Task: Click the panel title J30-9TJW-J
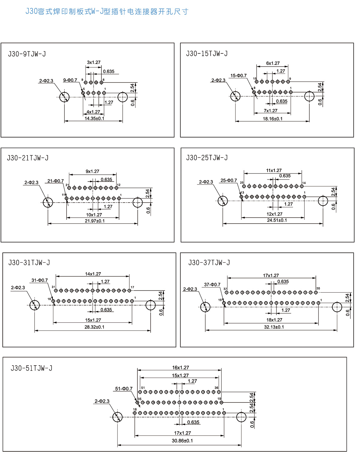pos(27,54)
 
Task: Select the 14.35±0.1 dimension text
pos(94,119)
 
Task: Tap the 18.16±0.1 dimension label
pos(272,119)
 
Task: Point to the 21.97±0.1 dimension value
pos(94,221)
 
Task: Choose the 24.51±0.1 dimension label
pos(277,220)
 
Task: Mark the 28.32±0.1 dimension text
pos(94,327)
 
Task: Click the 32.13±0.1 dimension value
pos(274,327)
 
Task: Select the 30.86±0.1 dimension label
pos(182,441)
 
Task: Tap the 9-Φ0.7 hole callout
pos(70,80)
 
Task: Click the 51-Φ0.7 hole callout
pos(124,389)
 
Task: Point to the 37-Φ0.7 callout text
pos(212,285)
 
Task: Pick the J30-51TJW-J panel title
pos(31,368)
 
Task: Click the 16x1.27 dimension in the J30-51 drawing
pos(180,368)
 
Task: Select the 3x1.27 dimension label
pos(94,62)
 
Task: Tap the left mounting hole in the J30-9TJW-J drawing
pos(64,97)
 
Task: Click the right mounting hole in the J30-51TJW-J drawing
pos(241,417)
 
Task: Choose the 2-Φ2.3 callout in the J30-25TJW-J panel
pos(206,182)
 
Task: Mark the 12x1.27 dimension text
pos(274,214)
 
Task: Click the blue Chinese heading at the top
pos(107,12)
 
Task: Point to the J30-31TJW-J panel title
pos(29,263)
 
